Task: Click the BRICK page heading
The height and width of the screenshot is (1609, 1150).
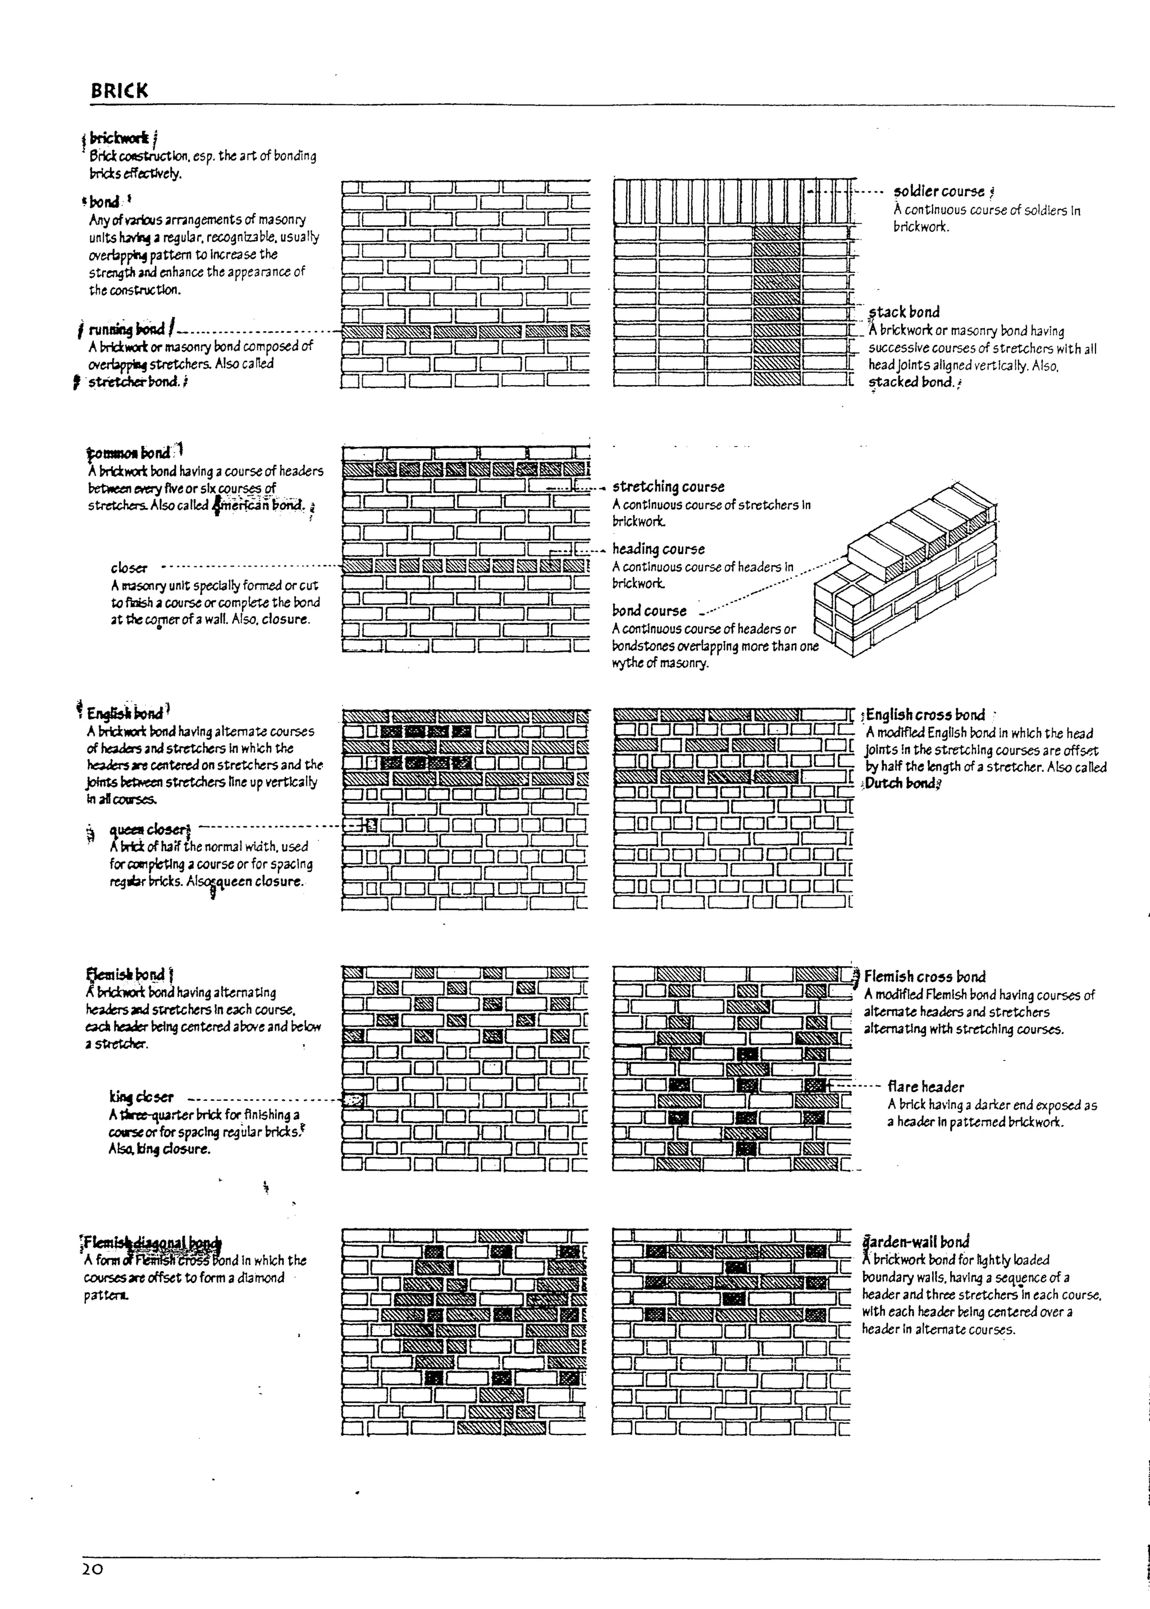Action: point(119,90)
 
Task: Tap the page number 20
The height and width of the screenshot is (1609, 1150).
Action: point(92,1549)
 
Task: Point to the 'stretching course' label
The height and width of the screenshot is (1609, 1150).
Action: point(668,487)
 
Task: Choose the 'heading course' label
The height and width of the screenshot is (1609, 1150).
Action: point(658,549)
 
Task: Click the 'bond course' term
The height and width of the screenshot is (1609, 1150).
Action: point(649,611)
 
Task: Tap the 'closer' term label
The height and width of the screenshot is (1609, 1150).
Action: point(129,568)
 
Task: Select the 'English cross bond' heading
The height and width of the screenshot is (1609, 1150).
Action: point(925,715)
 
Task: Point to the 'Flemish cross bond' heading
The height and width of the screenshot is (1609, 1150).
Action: point(924,977)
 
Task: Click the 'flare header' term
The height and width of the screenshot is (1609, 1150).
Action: point(925,1086)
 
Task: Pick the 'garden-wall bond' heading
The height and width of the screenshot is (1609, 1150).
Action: point(915,1242)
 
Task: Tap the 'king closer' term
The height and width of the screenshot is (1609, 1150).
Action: point(141,1097)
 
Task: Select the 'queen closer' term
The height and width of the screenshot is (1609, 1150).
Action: point(149,830)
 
